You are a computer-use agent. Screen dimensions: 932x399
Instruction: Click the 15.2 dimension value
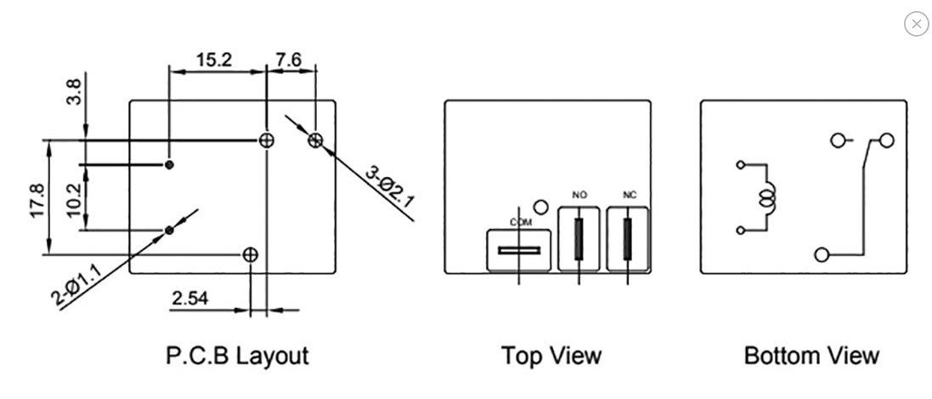coord(214,60)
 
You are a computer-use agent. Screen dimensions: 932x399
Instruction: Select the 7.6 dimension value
coord(289,60)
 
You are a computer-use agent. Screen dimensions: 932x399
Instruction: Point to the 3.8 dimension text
coord(74,92)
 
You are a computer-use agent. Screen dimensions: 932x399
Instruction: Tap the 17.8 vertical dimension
coord(37,201)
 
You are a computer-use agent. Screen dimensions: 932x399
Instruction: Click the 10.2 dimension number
coord(75,201)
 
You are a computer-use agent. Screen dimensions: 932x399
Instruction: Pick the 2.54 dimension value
coord(190,298)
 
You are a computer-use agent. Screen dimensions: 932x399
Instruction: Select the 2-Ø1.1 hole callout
coord(78,287)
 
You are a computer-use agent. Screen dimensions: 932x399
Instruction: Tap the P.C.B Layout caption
coord(237,356)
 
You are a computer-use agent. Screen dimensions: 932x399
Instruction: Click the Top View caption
coord(551,356)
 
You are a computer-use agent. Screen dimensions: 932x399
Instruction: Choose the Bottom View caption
coord(811,356)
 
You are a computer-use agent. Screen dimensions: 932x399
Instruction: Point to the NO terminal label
coord(579,195)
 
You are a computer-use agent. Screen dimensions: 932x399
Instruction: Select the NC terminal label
coord(630,195)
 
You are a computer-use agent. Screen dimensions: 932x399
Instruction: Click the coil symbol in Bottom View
coord(768,197)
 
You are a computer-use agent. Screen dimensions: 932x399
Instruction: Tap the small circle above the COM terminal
coord(541,208)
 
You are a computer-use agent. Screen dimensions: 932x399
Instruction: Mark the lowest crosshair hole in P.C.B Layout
coord(251,255)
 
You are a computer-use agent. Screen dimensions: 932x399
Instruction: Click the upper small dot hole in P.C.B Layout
coord(169,164)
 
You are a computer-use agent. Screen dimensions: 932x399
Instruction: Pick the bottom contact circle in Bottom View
coord(822,255)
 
